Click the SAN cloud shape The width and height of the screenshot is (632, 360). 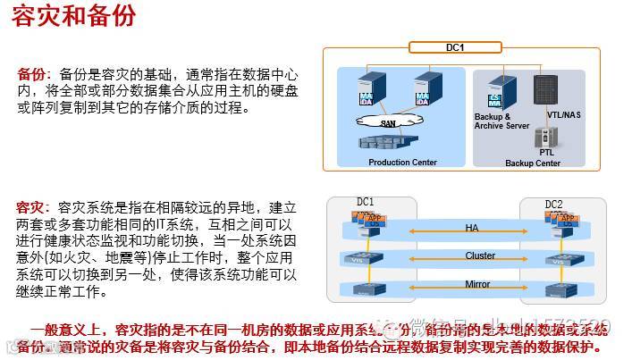386,123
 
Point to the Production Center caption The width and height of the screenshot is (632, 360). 402,163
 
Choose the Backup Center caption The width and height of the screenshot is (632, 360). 533,163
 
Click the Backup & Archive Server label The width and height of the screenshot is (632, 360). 501,121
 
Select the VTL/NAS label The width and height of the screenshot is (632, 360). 563,115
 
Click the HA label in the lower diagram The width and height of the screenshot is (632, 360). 472,228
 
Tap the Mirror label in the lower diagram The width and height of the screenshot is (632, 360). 477,285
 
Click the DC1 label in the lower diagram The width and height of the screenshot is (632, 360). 365,203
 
